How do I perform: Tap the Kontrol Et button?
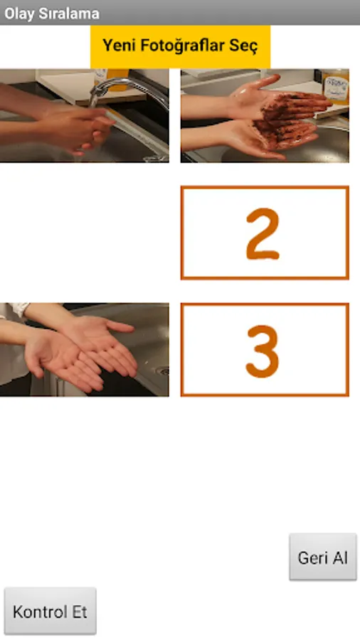tap(51, 611)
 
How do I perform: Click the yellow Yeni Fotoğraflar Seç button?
tap(180, 46)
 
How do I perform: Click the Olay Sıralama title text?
tap(52, 13)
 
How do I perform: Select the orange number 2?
tap(263, 234)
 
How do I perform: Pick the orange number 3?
tap(263, 351)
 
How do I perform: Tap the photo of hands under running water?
tap(84, 115)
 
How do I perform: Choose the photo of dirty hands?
tap(265, 115)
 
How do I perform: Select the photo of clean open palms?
tap(84, 349)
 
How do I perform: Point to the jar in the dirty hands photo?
tap(336, 87)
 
